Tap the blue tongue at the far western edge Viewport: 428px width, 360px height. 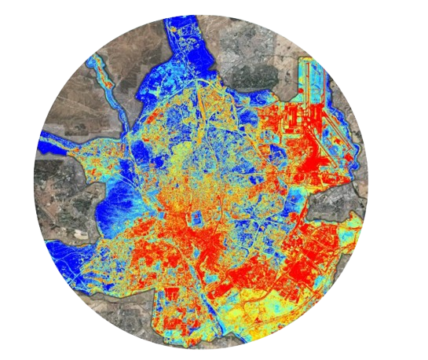click(x=55, y=146)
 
